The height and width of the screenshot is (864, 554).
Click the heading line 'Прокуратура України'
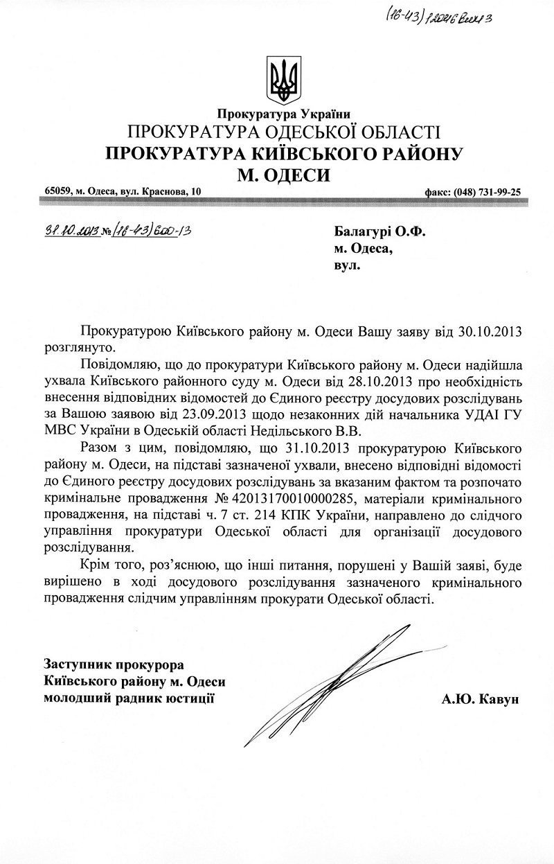point(284,114)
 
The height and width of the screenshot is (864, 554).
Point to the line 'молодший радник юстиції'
point(129,698)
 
